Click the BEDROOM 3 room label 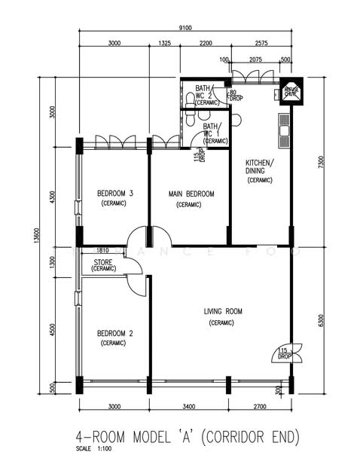click(x=115, y=194)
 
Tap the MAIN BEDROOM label click(x=191, y=194)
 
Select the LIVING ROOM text click(x=222, y=310)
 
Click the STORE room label click(x=103, y=263)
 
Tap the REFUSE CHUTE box click(x=291, y=91)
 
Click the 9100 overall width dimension click(x=185, y=28)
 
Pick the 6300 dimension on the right click(x=322, y=319)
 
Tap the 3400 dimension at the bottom click(x=189, y=408)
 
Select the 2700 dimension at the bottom click(x=261, y=408)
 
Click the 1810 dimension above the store click(x=103, y=250)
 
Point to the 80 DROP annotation click(x=236, y=96)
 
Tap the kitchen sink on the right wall click(x=285, y=130)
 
